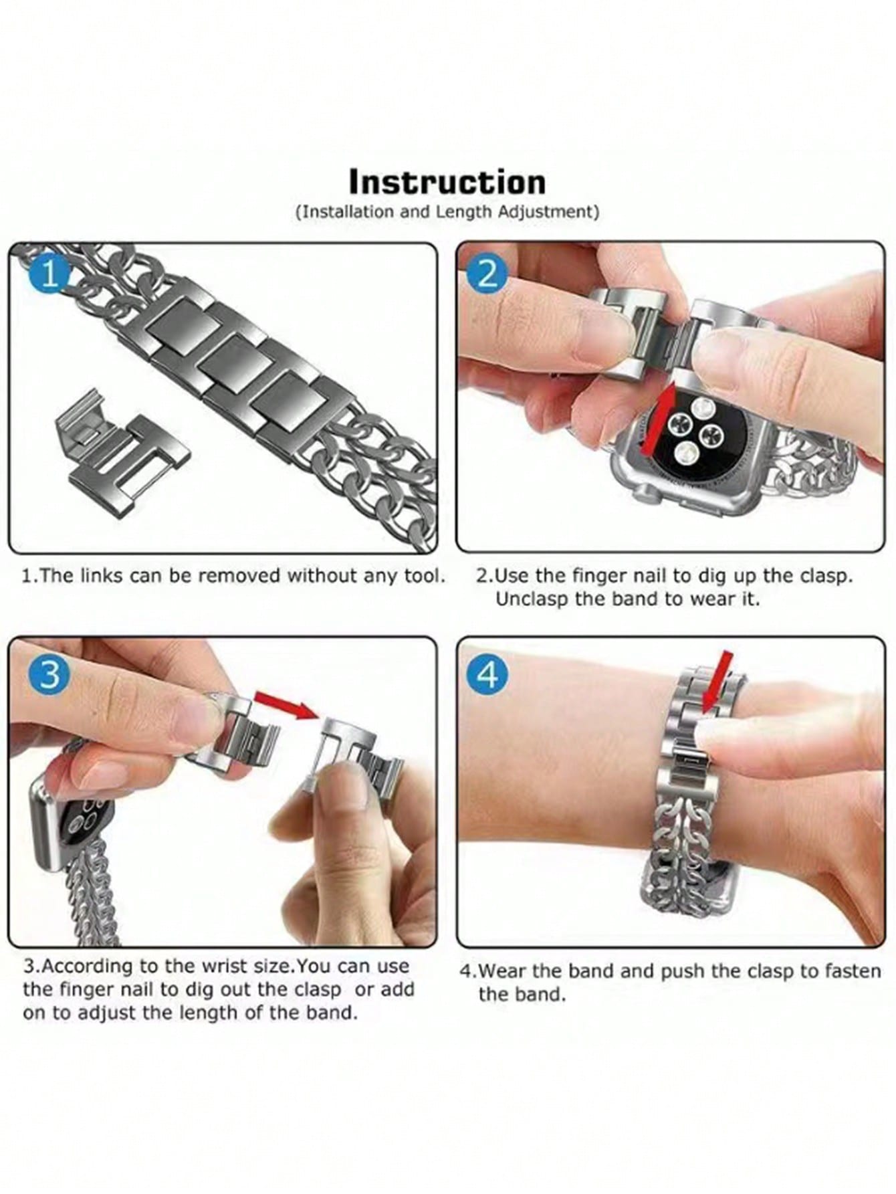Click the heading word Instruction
click(x=447, y=182)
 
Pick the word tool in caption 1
click(x=423, y=575)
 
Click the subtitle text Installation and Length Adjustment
click(x=447, y=212)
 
